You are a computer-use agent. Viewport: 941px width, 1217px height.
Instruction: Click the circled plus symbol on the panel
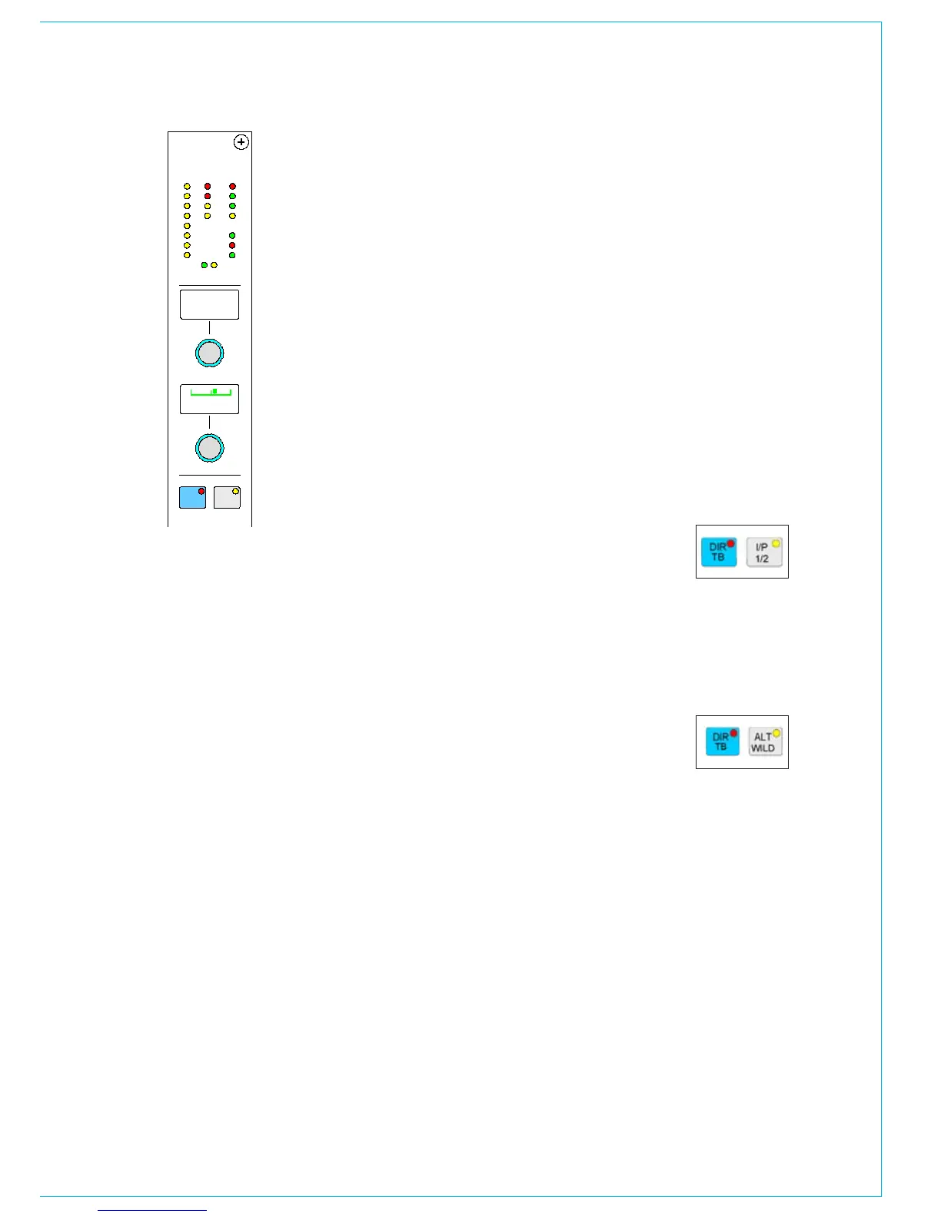[241, 142]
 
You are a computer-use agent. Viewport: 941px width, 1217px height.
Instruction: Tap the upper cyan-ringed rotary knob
[209, 353]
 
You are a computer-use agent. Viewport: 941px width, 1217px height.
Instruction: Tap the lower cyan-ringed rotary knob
[209, 448]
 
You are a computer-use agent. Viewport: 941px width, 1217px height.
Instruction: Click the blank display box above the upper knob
[209, 304]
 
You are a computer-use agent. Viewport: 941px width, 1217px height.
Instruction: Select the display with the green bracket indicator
[209, 399]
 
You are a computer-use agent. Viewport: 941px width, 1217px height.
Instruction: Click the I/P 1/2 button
[764, 552]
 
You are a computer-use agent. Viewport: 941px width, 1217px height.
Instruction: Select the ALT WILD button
[765, 742]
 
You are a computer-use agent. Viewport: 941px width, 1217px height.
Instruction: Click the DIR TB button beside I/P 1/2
[719, 552]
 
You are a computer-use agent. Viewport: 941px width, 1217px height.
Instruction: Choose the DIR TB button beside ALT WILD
[722, 742]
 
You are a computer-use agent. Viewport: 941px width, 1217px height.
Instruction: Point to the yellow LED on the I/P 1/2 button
[776, 544]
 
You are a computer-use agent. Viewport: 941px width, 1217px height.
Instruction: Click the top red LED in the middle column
[208, 186]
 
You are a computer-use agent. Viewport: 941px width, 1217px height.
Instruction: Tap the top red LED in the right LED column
[232, 186]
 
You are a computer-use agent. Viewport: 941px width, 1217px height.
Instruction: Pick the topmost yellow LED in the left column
[187, 186]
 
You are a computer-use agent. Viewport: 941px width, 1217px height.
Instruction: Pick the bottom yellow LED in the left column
[187, 255]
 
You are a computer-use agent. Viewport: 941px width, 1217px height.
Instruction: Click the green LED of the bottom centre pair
[204, 265]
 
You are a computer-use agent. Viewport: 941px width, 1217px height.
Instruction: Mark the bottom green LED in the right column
[232, 255]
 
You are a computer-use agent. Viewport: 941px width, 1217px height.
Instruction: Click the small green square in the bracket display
[214, 391]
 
